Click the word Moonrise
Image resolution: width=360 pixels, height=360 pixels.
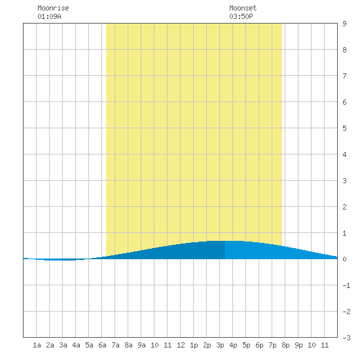(53, 8)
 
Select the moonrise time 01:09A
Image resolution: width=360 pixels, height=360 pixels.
(49, 16)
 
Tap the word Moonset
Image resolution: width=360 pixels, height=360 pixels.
(243, 8)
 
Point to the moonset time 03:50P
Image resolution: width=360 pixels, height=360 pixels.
(241, 16)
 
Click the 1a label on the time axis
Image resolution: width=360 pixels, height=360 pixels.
(37, 345)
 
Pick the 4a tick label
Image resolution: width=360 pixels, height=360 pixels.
(76, 345)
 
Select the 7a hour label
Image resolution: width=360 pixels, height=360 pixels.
(115, 345)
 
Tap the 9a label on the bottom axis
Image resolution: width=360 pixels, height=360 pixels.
(141, 345)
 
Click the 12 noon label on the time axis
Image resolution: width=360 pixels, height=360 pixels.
(181, 345)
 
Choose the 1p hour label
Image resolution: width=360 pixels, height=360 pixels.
(194, 345)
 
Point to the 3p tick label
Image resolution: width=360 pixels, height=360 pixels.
(220, 345)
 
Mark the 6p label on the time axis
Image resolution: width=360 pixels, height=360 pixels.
(259, 345)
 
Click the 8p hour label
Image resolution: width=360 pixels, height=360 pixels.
(285, 345)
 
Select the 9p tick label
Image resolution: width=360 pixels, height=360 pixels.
(298, 345)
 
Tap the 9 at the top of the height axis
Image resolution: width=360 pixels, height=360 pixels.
(344, 24)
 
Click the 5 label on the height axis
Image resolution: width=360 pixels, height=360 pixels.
(344, 128)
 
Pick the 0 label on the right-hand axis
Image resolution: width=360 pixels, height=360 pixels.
(344, 259)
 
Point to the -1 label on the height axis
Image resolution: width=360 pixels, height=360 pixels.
(346, 285)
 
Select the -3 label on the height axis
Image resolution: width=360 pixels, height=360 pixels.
(346, 338)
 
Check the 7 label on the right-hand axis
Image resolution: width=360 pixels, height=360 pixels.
(344, 76)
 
